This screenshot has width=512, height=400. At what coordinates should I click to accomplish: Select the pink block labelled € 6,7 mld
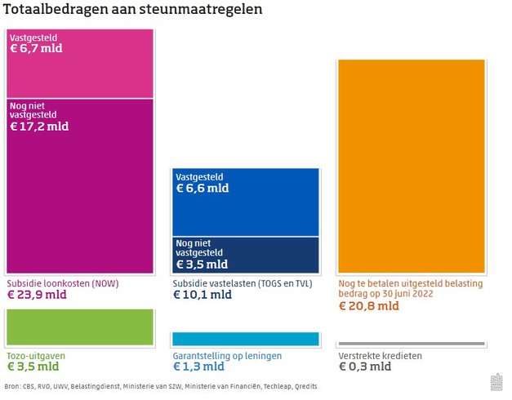tap(80, 64)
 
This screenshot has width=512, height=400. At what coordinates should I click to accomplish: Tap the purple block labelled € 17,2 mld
tap(80, 186)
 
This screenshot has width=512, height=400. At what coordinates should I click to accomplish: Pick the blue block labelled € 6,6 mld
tap(245, 202)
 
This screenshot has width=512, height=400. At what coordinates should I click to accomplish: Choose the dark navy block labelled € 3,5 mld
tap(245, 255)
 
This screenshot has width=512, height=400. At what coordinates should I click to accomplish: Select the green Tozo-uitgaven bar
tap(80, 327)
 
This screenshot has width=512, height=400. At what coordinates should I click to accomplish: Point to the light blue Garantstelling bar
tap(245, 339)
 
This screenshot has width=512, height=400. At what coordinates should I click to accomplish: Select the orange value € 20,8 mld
tap(368, 306)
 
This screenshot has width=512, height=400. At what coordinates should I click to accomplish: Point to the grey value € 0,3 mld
tap(365, 367)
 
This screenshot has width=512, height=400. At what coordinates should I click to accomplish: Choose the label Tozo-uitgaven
tap(36, 356)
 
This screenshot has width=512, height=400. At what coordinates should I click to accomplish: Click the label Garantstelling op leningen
tap(227, 356)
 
